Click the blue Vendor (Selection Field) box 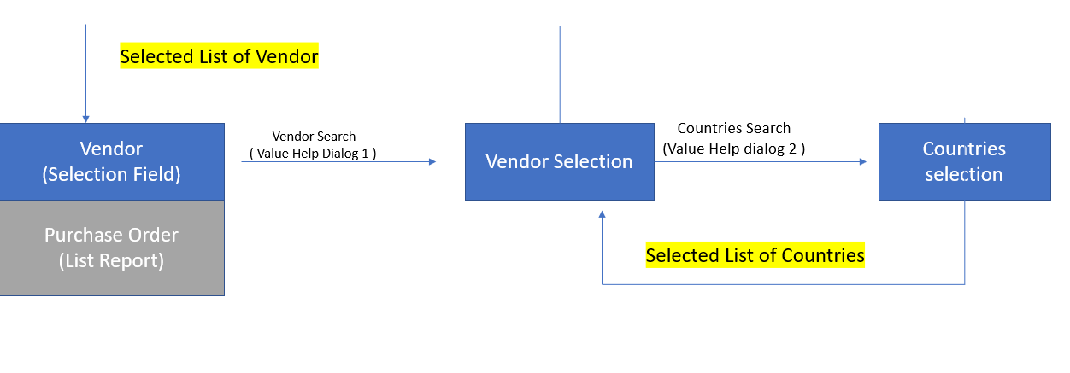112,161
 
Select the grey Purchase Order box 112,248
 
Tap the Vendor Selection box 559,161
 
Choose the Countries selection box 964,161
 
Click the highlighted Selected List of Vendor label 219,57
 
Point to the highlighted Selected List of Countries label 755,255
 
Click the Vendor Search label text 314,136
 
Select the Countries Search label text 733,128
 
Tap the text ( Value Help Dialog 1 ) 313,154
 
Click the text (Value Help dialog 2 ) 733,148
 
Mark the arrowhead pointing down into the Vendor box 85,118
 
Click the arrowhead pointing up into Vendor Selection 603,215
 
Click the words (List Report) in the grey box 111,261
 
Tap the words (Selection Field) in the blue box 111,175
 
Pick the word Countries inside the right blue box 964,149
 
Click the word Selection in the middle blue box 591,161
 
